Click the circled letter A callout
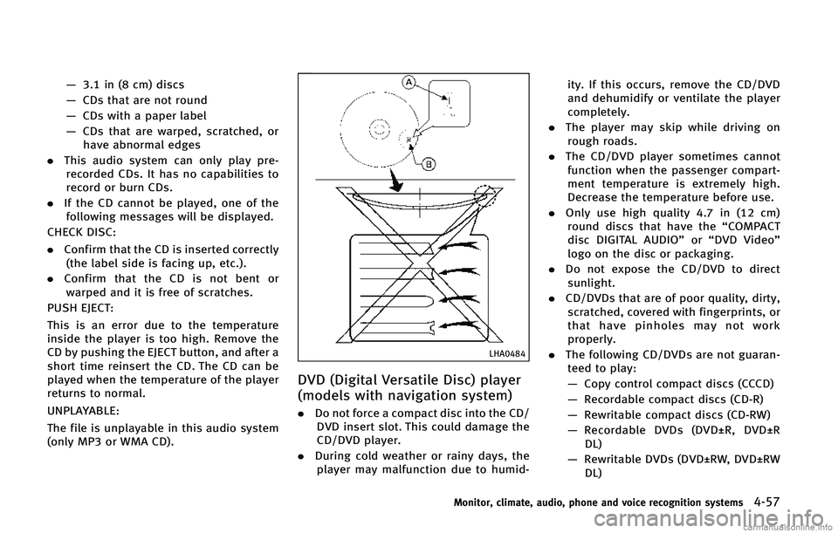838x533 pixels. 408,81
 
